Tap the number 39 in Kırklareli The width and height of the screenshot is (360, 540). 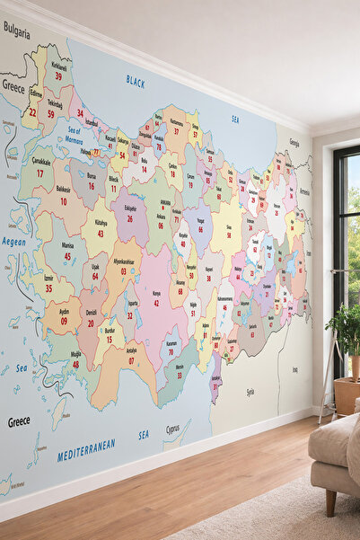[x=58, y=77]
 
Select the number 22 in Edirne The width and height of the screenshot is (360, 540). [x=33, y=112]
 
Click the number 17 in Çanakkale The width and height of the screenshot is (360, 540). [x=40, y=173]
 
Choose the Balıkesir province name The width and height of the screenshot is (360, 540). [x=63, y=190]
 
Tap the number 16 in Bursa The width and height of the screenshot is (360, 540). [x=91, y=186]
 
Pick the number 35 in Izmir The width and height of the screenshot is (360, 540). [x=48, y=288]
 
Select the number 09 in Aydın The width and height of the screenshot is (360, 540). [x=65, y=320]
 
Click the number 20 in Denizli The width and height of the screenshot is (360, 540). [x=91, y=323]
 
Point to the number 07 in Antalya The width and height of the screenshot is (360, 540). [x=132, y=360]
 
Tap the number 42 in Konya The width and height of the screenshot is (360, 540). [x=156, y=303]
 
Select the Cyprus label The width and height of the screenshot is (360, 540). [x=172, y=430]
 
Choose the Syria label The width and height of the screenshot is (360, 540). [x=250, y=393]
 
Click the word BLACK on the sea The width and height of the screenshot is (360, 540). [x=136, y=81]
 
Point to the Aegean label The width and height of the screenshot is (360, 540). [x=13, y=242]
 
